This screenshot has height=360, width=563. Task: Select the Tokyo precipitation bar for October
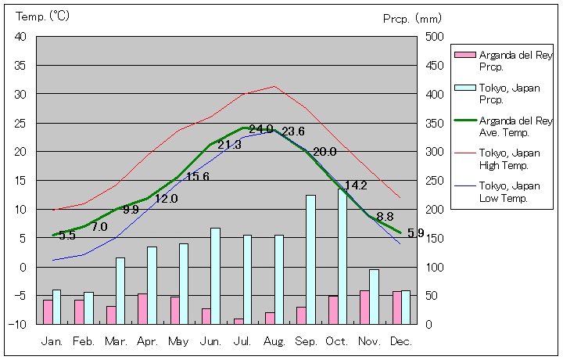click(342, 257)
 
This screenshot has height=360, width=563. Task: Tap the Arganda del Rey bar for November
click(364, 307)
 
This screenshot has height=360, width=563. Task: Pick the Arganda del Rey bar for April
click(142, 308)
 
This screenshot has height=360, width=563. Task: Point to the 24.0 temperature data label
click(261, 129)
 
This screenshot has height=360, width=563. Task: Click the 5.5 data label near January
click(67, 235)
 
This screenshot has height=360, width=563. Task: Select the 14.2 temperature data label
click(356, 185)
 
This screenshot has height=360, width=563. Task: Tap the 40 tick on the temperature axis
click(20, 37)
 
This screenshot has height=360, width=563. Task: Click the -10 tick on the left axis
click(18, 324)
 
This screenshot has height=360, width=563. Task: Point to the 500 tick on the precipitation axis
click(435, 37)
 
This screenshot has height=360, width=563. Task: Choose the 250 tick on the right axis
click(435, 181)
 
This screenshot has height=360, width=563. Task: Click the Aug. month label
click(274, 341)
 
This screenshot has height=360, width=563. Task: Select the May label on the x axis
click(178, 341)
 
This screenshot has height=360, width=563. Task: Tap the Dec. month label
click(401, 341)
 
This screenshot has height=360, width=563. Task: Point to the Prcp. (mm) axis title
click(413, 18)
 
